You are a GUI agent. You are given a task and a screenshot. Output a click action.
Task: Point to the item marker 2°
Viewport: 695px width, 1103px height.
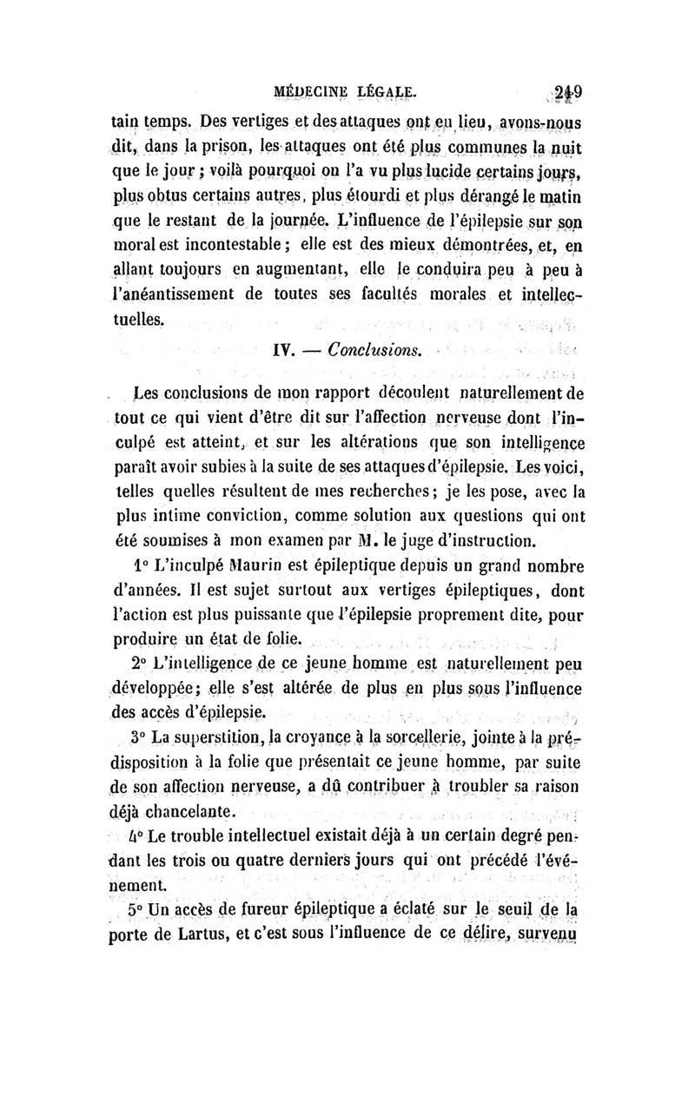tap(135, 664)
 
